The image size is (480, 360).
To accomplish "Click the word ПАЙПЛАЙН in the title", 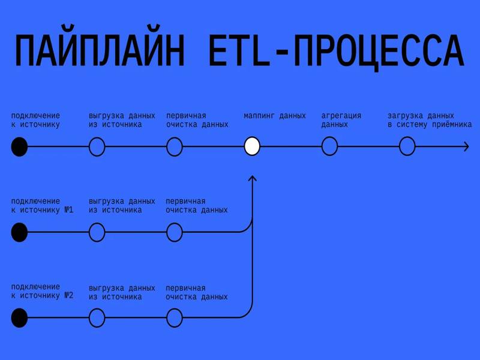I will (x=99, y=52).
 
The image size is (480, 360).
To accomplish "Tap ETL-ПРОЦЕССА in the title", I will (x=336, y=52).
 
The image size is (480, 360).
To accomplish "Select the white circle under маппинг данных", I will (x=252, y=146).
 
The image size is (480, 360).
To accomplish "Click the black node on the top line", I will (x=19, y=146).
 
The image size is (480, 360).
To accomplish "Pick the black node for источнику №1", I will (x=19, y=232).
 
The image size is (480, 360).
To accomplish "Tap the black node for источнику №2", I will (x=19, y=317).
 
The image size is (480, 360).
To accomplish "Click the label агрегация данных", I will (x=341, y=120).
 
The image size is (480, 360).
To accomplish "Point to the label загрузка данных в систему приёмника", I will (x=429, y=120).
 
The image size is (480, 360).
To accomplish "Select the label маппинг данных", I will (x=274, y=116).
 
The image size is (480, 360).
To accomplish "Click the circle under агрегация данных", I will (x=329, y=146).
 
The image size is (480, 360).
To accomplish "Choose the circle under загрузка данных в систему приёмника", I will (x=407, y=146).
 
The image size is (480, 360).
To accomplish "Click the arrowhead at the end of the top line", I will (x=466, y=146).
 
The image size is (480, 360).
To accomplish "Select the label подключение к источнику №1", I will (x=41, y=206).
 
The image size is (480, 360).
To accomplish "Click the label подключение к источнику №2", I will (x=41, y=291).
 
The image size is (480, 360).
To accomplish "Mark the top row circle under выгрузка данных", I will (x=97, y=146).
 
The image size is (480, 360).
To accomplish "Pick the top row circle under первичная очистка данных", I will (x=174, y=146).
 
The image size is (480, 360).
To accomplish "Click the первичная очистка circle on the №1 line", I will (x=174, y=232).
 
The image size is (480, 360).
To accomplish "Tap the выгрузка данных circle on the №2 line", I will (x=97, y=317).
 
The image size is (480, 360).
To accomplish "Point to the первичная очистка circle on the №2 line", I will (x=174, y=317).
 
